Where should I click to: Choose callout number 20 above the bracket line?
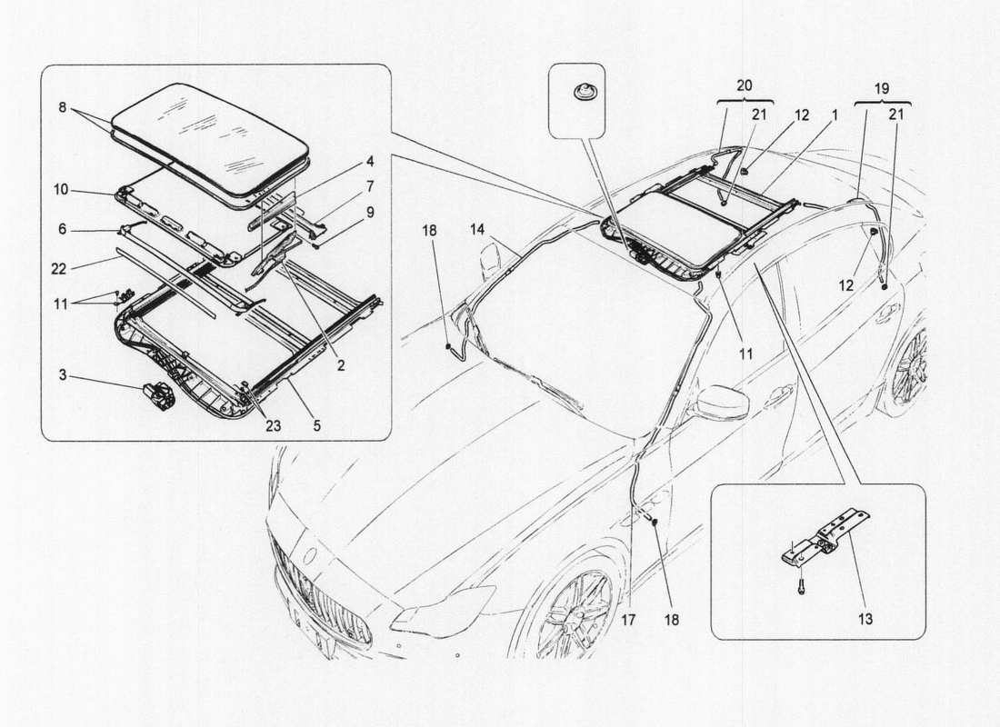click(x=745, y=84)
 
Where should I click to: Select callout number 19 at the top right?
click(x=881, y=91)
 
